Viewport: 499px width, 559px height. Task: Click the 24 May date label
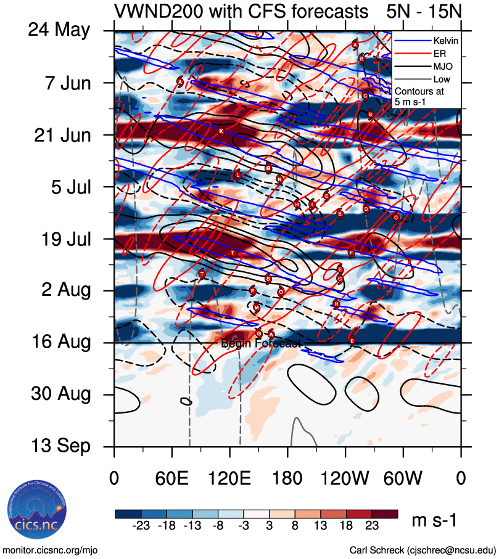[59, 30]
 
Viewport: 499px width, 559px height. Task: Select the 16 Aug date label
[59, 342]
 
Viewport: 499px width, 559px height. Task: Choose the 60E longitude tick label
[171, 478]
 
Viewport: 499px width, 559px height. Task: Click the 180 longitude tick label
[287, 478]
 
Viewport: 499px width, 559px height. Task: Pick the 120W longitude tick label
[345, 478]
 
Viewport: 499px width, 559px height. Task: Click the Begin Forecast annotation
[260, 344]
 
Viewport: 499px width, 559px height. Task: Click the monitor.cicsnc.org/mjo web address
[51, 550]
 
